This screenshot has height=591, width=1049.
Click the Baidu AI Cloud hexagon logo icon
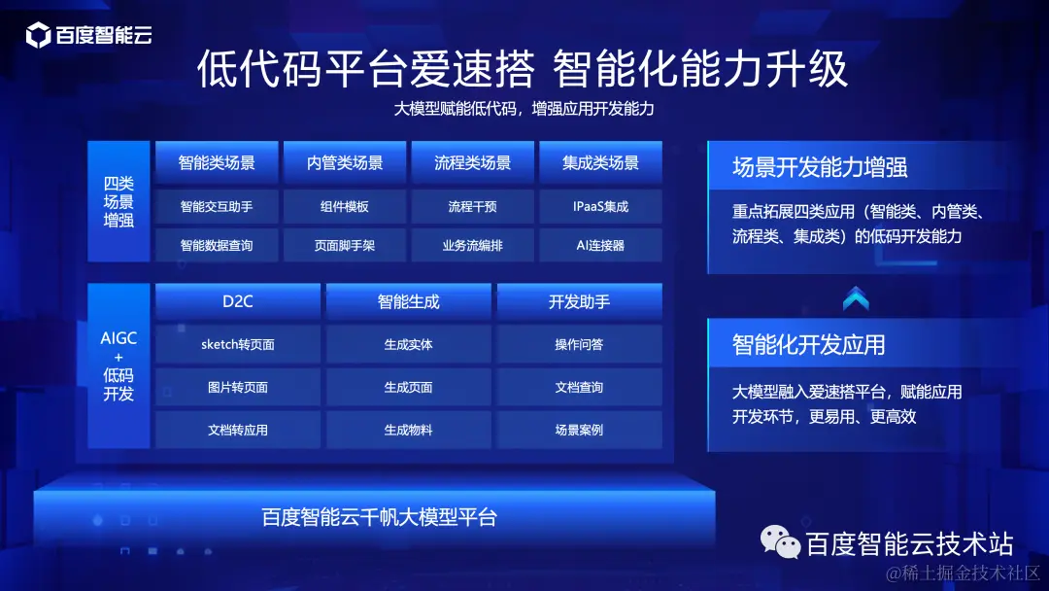(x=38, y=37)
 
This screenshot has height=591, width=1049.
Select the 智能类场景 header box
(x=217, y=163)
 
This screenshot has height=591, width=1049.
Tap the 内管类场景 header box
(x=345, y=163)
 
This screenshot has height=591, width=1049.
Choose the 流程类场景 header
(x=472, y=163)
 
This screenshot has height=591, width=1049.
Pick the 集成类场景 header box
(x=600, y=163)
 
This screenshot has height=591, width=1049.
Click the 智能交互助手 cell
(x=217, y=206)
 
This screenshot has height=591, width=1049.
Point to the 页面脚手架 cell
(x=345, y=246)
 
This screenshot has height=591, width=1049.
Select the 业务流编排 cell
(x=472, y=246)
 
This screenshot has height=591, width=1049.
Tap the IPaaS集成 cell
(x=600, y=206)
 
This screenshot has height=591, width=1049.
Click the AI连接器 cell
(x=600, y=246)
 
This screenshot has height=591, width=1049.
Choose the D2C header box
(x=238, y=301)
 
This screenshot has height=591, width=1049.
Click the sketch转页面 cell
(x=238, y=344)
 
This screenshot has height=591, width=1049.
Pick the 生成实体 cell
(x=409, y=344)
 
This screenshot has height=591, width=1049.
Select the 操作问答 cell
(x=579, y=344)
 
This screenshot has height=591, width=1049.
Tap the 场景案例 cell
(x=579, y=430)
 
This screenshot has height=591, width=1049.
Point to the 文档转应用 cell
(x=238, y=430)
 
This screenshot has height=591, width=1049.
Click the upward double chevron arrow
(x=856, y=299)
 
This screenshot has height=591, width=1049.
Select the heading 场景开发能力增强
(x=820, y=167)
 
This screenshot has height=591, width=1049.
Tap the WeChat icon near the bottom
(x=781, y=541)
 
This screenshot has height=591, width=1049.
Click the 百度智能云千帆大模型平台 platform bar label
(x=379, y=517)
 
